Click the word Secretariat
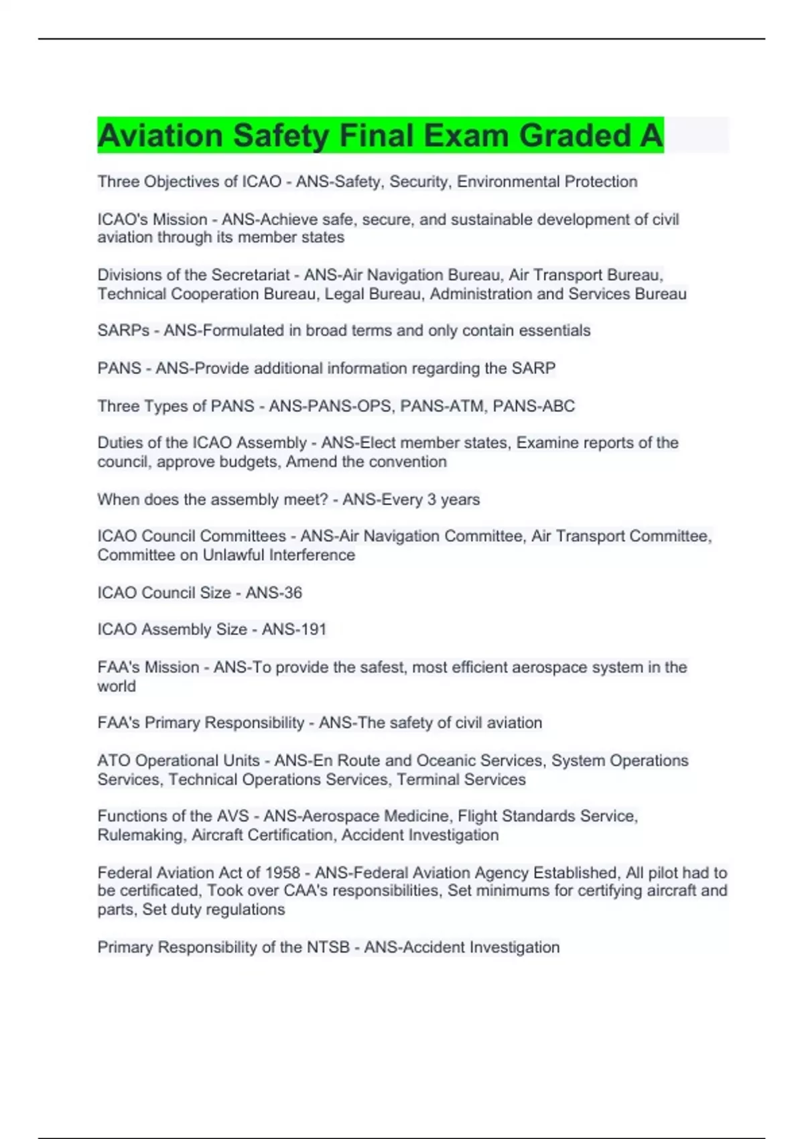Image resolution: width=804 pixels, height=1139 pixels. tap(251, 275)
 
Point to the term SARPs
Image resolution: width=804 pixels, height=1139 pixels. tap(123, 330)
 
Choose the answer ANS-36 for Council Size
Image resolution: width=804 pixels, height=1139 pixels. tap(274, 592)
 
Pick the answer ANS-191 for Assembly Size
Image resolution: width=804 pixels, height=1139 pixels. tap(294, 629)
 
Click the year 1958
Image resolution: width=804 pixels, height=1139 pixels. tap(283, 872)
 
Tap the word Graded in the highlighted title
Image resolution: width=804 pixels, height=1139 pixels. tap(575, 135)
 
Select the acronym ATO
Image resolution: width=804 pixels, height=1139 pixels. tap(113, 760)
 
